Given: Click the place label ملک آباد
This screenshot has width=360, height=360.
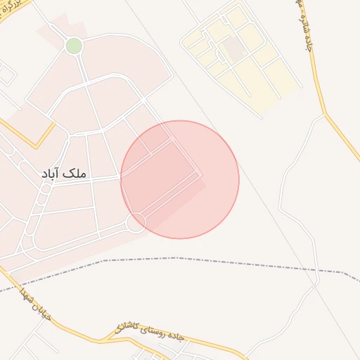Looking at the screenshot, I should click(x=65, y=173).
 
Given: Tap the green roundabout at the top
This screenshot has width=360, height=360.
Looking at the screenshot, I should click(x=74, y=46).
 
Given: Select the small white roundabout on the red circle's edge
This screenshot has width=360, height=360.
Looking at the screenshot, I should click(x=135, y=223).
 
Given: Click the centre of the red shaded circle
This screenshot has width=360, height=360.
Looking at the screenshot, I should click(x=180, y=179).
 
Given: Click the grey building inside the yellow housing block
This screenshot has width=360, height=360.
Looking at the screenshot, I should click(x=234, y=49).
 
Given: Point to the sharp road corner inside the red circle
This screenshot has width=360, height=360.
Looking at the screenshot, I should click(x=202, y=173).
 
